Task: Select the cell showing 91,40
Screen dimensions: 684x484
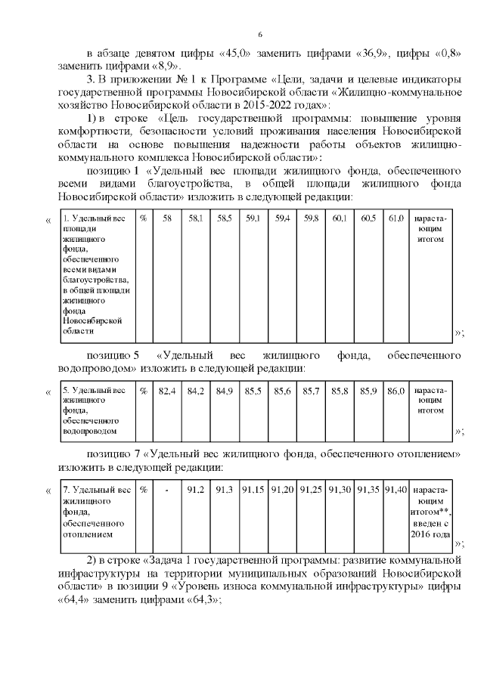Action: click(396, 491)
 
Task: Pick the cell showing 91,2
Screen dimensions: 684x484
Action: click(195, 491)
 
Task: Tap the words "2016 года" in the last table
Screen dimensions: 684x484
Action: click(431, 534)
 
